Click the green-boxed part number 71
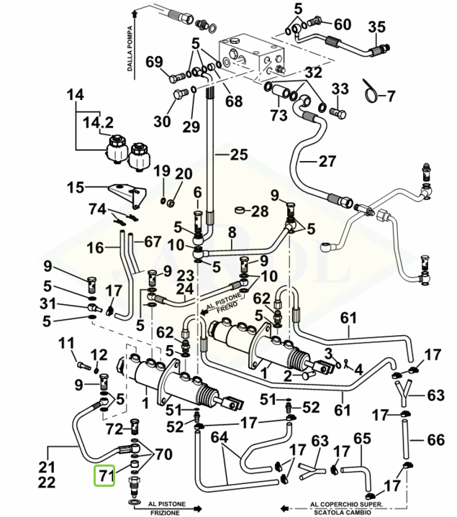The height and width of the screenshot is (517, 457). click(x=106, y=476)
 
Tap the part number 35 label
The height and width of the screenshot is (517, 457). click(x=377, y=27)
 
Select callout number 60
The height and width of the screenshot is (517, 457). click(x=342, y=24)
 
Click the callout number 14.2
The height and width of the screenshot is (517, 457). click(x=98, y=122)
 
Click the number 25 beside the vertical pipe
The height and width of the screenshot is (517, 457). click(x=237, y=153)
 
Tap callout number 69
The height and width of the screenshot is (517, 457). click(x=155, y=61)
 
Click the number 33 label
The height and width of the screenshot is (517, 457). click(x=340, y=88)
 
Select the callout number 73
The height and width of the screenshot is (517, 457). click(x=279, y=114)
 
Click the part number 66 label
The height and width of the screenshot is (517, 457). click(x=436, y=439)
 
